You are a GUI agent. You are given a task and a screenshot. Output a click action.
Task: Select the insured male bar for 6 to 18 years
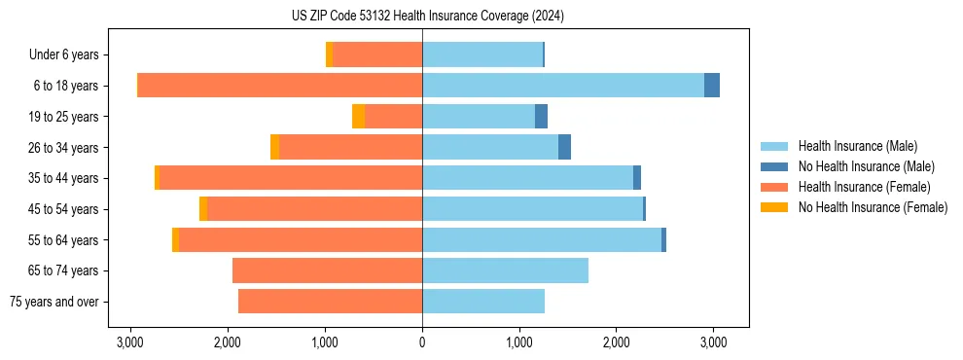[x=562, y=86]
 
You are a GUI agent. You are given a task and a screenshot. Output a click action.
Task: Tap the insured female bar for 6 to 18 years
[x=280, y=86]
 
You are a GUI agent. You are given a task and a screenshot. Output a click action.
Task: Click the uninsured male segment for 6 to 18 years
[x=712, y=86]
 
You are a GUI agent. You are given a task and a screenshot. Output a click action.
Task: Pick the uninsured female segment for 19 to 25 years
[x=358, y=117]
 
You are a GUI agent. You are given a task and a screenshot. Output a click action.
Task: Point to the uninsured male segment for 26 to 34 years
[x=564, y=147]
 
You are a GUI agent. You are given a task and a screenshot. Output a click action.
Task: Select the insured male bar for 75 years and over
[x=483, y=302]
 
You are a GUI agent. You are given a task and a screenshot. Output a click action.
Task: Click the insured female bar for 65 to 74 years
[x=327, y=270]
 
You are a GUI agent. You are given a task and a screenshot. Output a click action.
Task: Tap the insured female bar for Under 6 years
[x=377, y=54]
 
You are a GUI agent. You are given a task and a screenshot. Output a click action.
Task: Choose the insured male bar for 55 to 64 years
[x=542, y=239]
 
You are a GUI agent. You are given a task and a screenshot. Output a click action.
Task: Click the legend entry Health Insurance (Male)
[x=857, y=146]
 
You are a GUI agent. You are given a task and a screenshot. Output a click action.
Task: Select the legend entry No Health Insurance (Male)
[x=866, y=166]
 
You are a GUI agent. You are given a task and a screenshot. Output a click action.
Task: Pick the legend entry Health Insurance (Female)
[x=864, y=187]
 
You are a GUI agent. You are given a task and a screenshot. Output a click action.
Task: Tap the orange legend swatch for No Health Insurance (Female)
[x=776, y=207]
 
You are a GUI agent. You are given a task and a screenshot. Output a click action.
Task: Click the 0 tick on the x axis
[x=422, y=342]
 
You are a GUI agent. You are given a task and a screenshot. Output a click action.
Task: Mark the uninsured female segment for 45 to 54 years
[x=203, y=209]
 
